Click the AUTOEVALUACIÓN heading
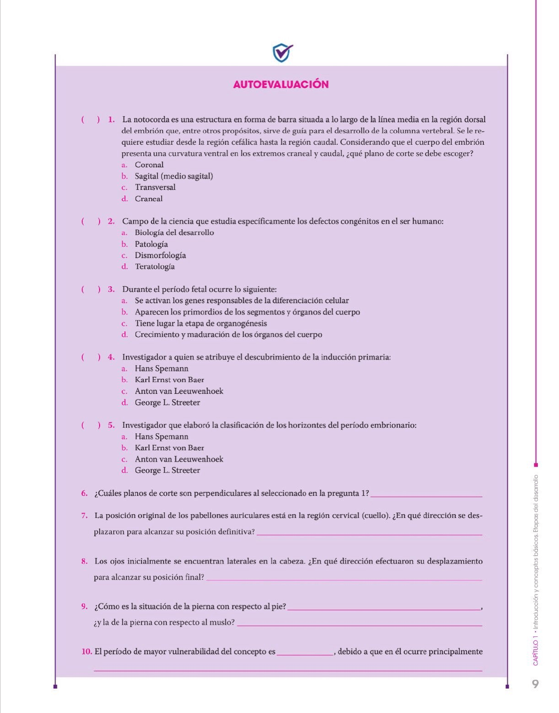pyautogui.click(x=280, y=85)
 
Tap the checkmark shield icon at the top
pyautogui.click(x=282, y=53)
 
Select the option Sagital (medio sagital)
pyautogui.click(x=173, y=176)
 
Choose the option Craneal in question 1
pyautogui.click(x=148, y=199)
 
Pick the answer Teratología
pyautogui.click(x=155, y=266)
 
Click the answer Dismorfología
pyautogui.click(x=160, y=255)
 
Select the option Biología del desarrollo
pyautogui.click(x=174, y=233)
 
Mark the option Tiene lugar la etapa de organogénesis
pyautogui.click(x=201, y=323)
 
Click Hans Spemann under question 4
pyautogui.click(x=161, y=368)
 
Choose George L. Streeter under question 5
pyautogui.click(x=167, y=470)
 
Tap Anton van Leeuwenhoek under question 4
pyautogui.click(x=179, y=391)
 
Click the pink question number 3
pyautogui.click(x=111, y=290)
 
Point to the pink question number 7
pyautogui.click(x=84, y=516)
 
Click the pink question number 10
pyautogui.click(x=86, y=652)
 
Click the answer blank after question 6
pyautogui.click(x=427, y=494)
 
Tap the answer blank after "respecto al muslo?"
pyautogui.click(x=359, y=624)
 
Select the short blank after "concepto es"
pyautogui.click(x=305, y=653)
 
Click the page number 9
pyautogui.click(x=535, y=684)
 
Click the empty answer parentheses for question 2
pyautogui.click(x=91, y=221)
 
